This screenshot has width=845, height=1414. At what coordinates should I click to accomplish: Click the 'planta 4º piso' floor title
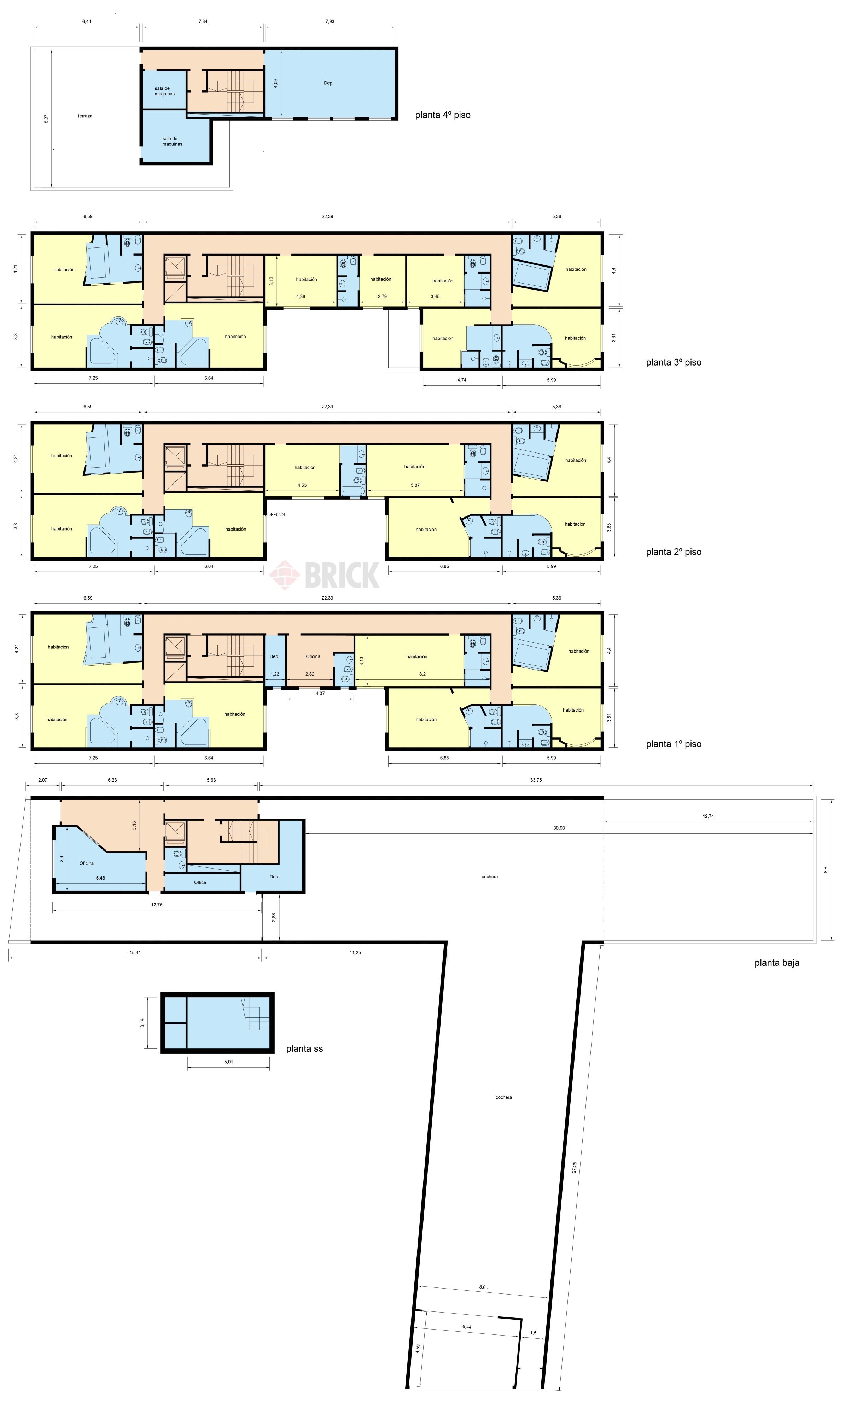pos(442,115)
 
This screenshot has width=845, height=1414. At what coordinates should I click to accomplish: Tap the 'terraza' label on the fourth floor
pos(85,116)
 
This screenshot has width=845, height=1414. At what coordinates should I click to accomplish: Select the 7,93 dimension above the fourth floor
pos(330,22)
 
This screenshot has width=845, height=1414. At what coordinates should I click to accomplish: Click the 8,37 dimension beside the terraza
pos(46,118)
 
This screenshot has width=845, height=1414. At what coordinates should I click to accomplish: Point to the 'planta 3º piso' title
pos(674,363)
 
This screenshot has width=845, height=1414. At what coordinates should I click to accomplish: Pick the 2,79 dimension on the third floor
pos(382,297)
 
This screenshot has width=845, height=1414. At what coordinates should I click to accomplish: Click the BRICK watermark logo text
pos(342,575)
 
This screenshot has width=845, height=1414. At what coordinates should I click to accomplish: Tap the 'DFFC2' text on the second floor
pos(275,515)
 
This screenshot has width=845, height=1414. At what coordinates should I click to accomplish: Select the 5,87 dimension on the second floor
pos(415,485)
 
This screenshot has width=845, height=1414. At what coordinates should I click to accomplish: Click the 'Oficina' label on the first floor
pos(313,656)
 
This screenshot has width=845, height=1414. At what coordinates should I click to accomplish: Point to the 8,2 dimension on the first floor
pos(422,674)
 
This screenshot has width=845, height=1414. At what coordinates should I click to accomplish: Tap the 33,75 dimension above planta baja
pos(536,780)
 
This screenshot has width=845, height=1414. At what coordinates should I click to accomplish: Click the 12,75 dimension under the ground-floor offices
pos(157,905)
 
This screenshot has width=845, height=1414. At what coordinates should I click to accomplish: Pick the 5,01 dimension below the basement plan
pos(228,1062)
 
